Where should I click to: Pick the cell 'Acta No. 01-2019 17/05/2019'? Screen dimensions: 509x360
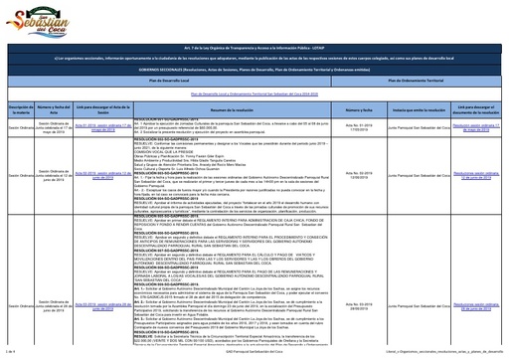point(351,128)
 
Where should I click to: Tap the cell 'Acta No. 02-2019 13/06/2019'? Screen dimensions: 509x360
point(351,175)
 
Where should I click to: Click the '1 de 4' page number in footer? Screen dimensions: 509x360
point(11,351)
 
